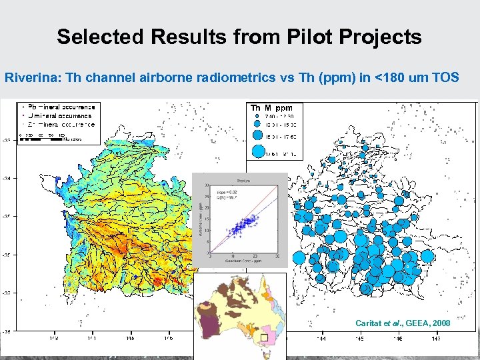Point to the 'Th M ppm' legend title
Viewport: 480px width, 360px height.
271,108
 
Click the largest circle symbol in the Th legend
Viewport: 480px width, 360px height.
259,151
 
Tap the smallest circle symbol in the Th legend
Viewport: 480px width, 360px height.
258,116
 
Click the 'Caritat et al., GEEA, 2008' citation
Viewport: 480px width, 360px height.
403,323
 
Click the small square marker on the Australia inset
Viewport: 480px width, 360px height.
265,337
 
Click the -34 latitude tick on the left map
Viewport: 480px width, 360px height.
6,179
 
